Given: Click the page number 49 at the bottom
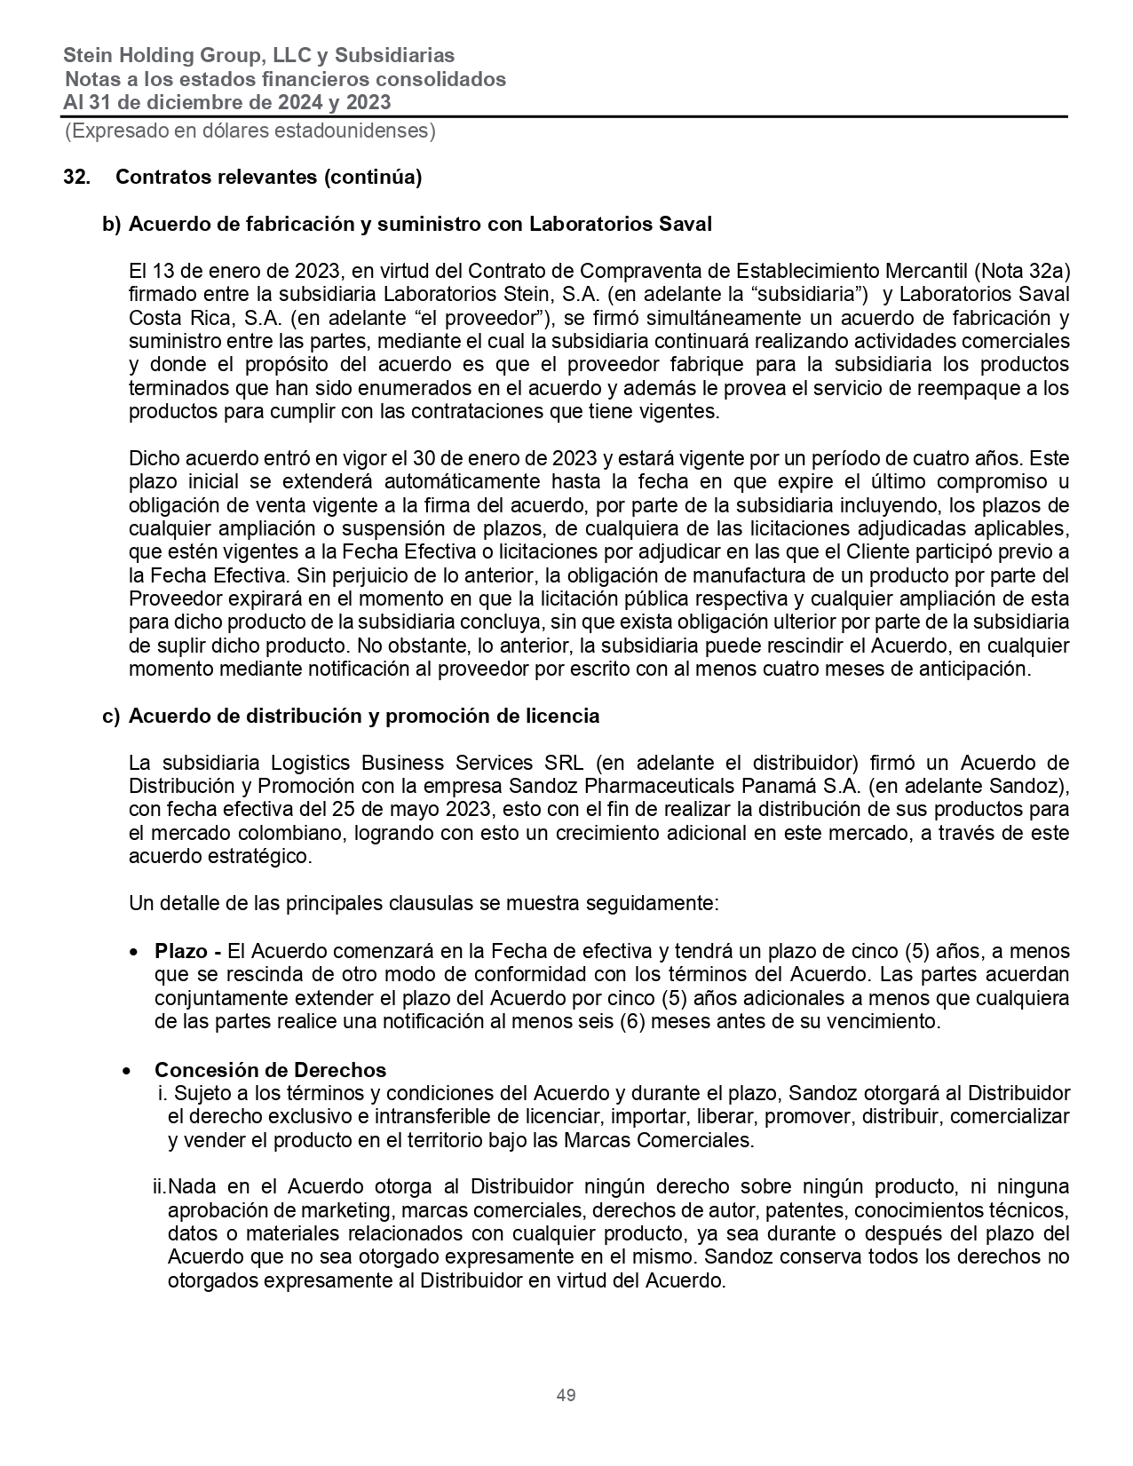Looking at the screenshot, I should click(x=566, y=1395).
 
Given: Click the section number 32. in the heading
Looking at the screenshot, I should click(x=76, y=177).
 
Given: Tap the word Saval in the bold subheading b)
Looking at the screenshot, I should click(x=685, y=224).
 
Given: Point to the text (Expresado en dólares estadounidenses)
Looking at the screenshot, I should click(x=250, y=131).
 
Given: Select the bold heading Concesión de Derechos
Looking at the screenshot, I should click(x=270, y=1070).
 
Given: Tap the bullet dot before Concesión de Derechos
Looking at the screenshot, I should click(x=129, y=1070).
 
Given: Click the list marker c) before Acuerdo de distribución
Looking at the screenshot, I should click(x=112, y=716).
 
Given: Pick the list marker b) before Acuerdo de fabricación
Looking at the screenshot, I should click(x=112, y=224).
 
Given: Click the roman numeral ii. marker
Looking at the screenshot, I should click(x=160, y=1186).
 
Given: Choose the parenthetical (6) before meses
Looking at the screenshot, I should click(x=631, y=1021).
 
